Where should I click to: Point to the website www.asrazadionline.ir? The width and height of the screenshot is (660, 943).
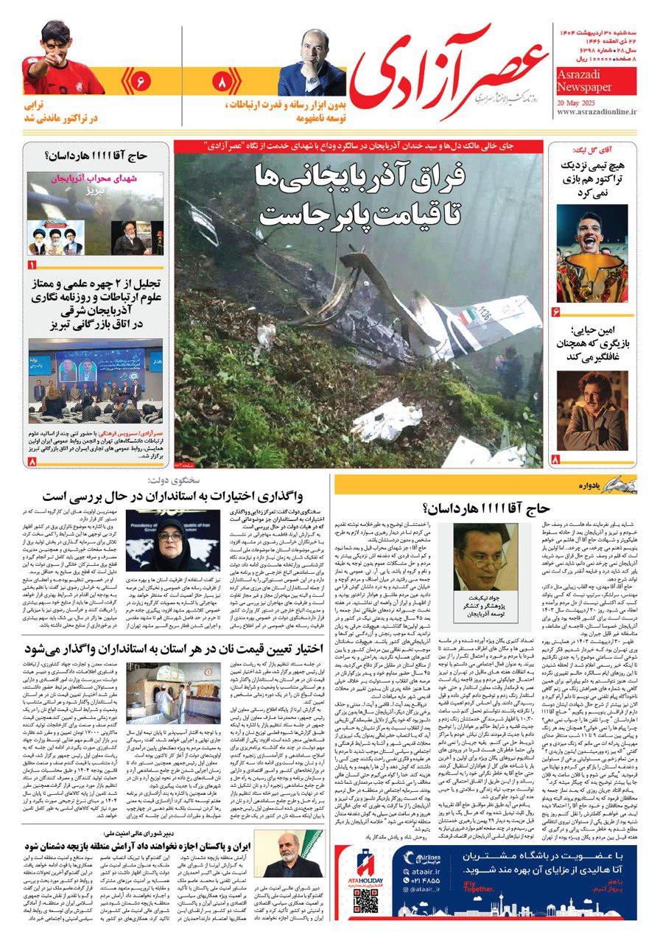(597, 112)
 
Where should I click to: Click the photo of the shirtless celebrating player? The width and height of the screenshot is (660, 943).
(591, 252)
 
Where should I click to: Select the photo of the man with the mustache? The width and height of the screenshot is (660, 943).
(591, 410)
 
